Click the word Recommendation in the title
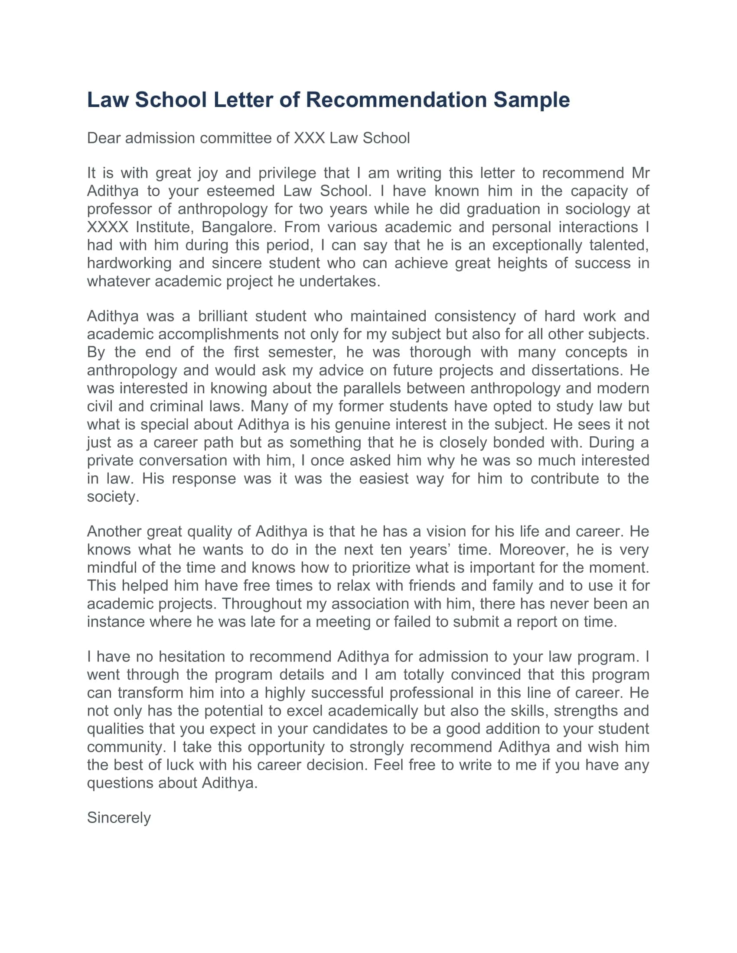[395, 100]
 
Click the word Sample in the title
[532, 100]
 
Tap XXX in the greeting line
[309, 138]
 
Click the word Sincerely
[119, 817]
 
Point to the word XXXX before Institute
[108, 227]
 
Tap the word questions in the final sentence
[120, 783]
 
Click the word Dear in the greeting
[103, 138]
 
